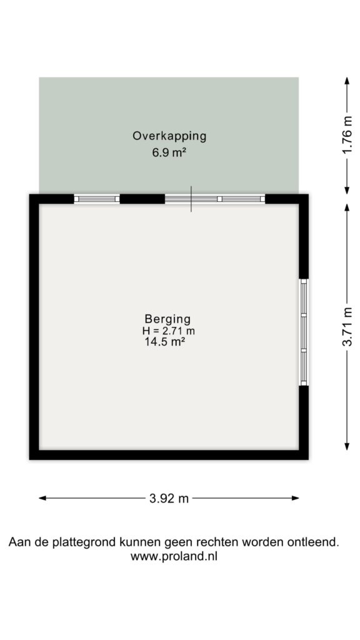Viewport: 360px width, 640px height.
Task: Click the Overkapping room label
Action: click(169, 136)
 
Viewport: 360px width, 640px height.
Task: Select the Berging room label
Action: click(167, 318)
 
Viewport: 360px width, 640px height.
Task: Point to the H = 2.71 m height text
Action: click(168, 331)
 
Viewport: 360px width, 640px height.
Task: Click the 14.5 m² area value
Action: click(163, 342)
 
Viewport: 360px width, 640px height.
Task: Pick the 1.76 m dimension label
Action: click(347, 136)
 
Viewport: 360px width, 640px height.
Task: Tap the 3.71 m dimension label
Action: click(347, 326)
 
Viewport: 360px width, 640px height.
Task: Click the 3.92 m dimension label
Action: click(169, 498)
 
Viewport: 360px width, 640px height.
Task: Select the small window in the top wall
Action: click(97, 199)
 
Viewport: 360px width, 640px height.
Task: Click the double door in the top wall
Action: click(215, 199)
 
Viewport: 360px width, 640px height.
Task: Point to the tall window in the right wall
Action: click(304, 332)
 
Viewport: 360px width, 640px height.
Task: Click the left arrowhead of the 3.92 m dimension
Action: click(42, 498)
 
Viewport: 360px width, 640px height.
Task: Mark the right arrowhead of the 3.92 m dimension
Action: click(296, 498)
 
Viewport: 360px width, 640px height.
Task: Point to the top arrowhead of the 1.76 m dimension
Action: click(347, 81)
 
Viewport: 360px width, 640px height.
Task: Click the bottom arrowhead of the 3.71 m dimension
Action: click(347, 446)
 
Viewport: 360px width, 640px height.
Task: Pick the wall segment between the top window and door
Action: click(142, 199)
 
